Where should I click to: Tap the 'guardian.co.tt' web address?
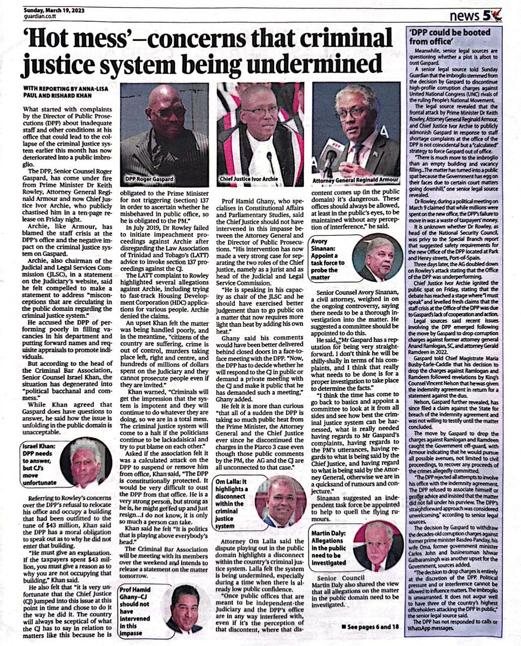(x=42, y=16)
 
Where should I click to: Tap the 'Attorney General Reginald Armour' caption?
(x=356, y=180)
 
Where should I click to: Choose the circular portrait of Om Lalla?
(x=282, y=501)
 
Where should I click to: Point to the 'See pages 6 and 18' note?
(x=370, y=626)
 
